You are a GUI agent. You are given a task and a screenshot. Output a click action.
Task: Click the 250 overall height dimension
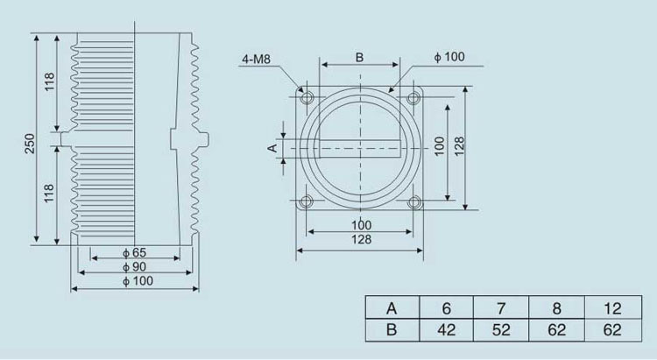[29, 144]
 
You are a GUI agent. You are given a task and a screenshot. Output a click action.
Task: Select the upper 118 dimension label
[49, 81]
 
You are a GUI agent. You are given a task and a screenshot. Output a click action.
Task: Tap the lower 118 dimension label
[49, 194]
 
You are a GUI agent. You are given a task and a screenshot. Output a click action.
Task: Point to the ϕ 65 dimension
[135, 253]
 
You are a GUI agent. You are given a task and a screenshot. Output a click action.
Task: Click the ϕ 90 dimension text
[135, 267]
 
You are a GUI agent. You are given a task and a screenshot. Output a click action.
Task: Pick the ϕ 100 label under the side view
[138, 281]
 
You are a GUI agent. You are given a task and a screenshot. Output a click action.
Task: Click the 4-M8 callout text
[256, 59]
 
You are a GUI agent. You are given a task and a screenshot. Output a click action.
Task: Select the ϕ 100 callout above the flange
[449, 57]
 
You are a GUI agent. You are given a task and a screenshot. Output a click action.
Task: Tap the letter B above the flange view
[359, 58]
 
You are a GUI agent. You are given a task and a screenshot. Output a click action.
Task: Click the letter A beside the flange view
[272, 148]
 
